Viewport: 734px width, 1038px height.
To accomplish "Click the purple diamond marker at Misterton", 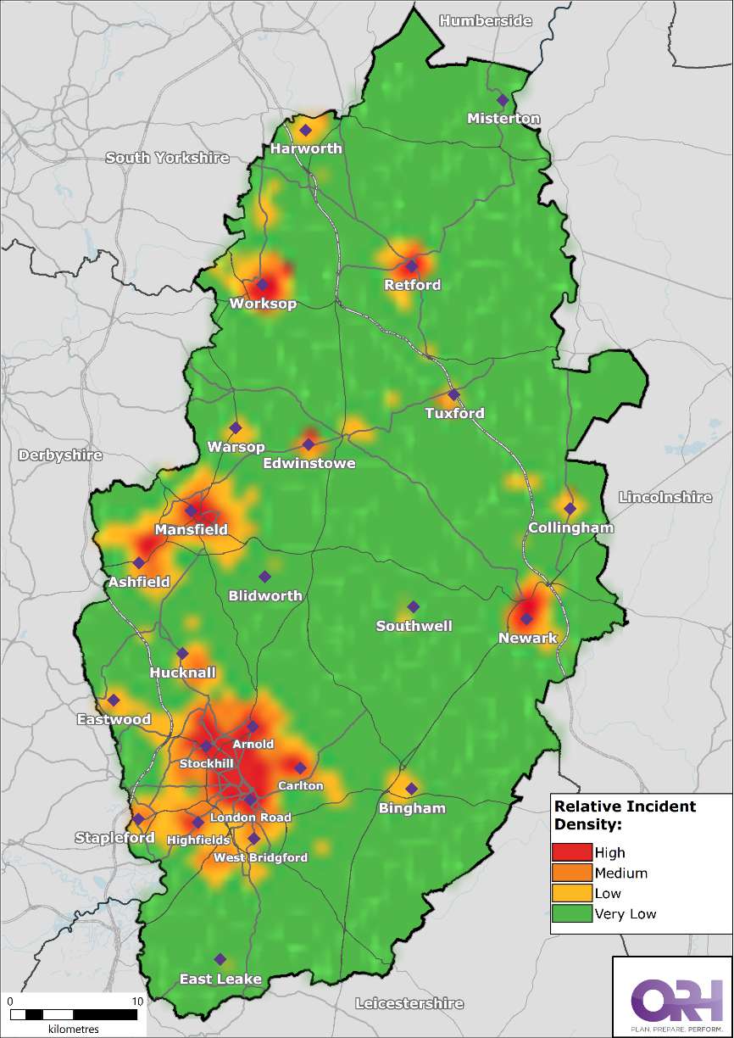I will (503, 100).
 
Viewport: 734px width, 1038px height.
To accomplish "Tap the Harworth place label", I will (306, 148).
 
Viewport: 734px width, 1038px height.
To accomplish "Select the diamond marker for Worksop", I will (263, 285).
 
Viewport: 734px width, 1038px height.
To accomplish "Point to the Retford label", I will (413, 285).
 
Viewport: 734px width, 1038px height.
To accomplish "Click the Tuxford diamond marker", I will (453, 394).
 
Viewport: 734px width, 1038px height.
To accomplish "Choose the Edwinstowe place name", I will (309, 464).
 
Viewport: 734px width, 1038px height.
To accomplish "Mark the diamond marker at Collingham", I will (570, 509).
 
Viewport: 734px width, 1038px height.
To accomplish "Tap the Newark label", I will (527, 638).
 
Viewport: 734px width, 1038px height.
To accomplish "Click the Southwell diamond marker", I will (414, 606).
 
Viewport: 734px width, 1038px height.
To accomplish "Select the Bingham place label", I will (412, 808).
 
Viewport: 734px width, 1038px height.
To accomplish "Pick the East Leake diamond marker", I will (220, 959).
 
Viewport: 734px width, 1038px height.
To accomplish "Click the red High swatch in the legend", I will (571, 853).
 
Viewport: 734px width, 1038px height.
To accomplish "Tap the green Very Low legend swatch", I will (571, 913).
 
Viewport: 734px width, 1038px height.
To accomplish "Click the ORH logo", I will (672, 997).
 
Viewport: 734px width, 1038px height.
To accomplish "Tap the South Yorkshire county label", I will (167, 158).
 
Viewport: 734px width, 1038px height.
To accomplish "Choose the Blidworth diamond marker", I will (264, 577).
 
